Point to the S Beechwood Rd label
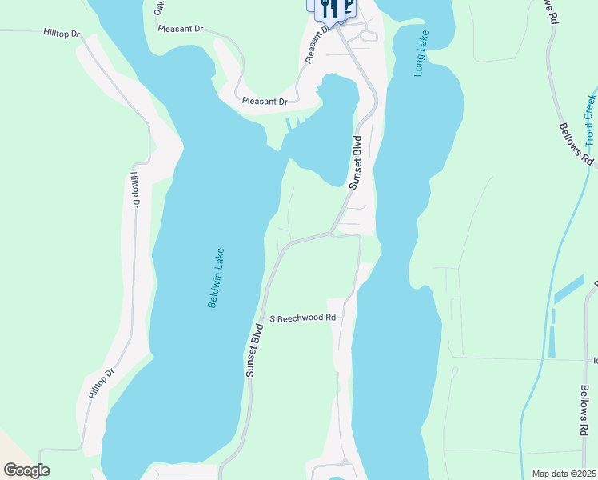pyautogui.click(x=301, y=318)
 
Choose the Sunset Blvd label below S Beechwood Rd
pyautogui.click(x=255, y=350)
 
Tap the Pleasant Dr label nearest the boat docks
pyautogui.click(x=265, y=102)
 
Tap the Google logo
pyautogui.click(x=26, y=470)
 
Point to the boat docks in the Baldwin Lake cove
pyautogui.click(x=295, y=124)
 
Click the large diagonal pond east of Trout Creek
pyautogui.click(x=568, y=289)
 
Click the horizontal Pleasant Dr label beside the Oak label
pyautogui.click(x=181, y=29)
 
